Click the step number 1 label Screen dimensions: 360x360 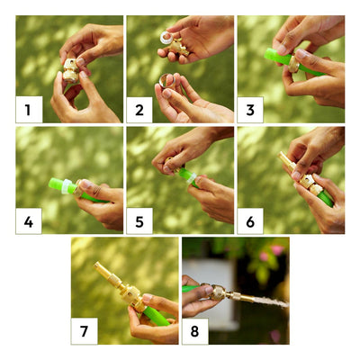point(28,110)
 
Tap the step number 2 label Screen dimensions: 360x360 point(139,110)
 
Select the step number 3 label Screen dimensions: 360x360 point(250,110)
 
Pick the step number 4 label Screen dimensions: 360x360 point(29,221)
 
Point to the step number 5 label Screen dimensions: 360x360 point(139,221)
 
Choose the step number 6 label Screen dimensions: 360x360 point(250,221)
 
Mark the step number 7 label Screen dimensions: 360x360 point(84,331)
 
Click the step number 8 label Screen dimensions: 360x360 point(195,331)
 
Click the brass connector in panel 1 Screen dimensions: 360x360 point(71,69)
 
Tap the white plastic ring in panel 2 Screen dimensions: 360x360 point(166,38)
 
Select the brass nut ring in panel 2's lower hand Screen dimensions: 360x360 point(167,80)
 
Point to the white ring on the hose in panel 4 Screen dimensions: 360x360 point(67,186)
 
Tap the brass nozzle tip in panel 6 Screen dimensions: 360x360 point(283,156)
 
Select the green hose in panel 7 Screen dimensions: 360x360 point(156,316)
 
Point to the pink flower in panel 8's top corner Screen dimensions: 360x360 point(277,249)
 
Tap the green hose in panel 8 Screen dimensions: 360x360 point(191,289)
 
